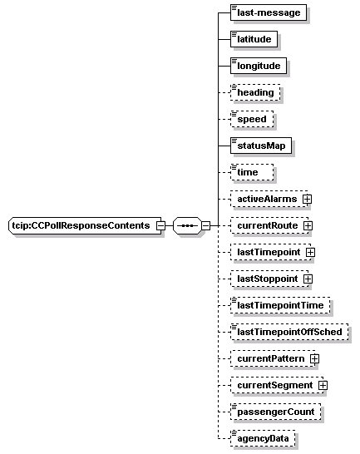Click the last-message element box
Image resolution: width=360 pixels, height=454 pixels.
(x=269, y=12)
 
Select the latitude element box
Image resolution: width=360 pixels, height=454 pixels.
(x=254, y=39)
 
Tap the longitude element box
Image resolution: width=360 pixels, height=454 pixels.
(x=259, y=66)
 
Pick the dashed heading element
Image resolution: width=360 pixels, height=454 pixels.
(x=255, y=92)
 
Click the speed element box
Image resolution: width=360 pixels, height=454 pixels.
(x=252, y=119)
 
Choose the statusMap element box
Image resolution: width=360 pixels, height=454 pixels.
(x=261, y=146)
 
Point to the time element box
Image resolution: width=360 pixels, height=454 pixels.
(x=252, y=172)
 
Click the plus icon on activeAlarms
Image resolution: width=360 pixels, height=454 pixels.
(x=307, y=200)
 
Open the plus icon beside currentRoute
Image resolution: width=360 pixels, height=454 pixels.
(x=308, y=226)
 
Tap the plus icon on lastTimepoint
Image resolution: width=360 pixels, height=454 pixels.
(x=310, y=253)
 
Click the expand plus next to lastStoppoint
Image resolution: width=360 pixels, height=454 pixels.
(x=308, y=279)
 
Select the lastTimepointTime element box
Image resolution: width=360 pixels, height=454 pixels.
(x=280, y=305)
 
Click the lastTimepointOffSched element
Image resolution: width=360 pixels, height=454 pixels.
(x=289, y=332)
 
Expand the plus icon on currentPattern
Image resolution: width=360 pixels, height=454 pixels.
(x=314, y=359)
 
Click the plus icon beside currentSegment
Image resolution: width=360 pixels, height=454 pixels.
(x=323, y=386)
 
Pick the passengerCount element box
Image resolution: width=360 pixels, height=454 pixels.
(x=275, y=412)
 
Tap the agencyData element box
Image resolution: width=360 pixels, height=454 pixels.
(x=263, y=438)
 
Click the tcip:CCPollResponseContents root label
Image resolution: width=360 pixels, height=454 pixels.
(x=81, y=225)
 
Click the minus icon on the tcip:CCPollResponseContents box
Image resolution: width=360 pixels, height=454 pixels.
(x=160, y=226)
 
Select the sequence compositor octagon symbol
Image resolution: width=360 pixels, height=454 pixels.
(x=187, y=225)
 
